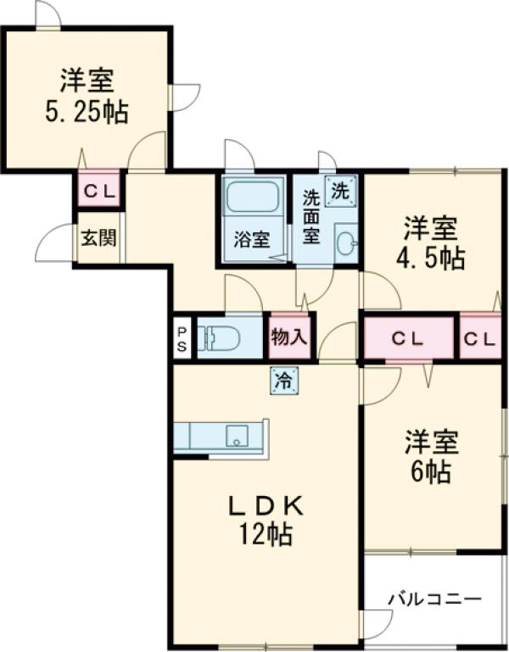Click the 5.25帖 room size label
tap(87, 112)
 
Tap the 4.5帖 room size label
tap(431, 258)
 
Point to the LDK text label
tap(266, 505)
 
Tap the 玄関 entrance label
tap(98, 237)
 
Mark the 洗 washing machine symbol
tap(340, 191)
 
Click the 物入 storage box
tap(288, 337)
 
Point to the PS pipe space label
tap(182, 338)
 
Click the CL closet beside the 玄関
tap(99, 191)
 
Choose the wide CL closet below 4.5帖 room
tap(408, 338)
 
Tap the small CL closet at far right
tap(480, 338)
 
